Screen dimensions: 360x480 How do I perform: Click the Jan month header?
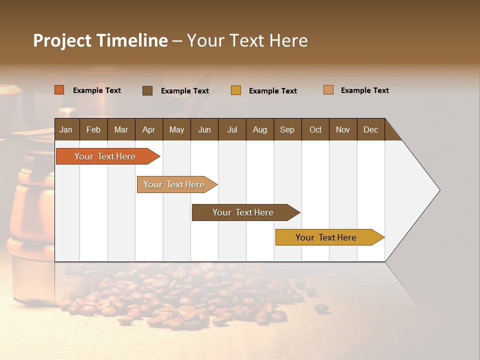click(66, 129)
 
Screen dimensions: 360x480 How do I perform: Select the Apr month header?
click(149, 129)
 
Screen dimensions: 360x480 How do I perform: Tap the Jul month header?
click(232, 129)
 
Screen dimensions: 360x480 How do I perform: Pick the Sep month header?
click(287, 129)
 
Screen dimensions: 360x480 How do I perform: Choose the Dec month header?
click(370, 129)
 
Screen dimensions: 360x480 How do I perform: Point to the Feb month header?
click(93, 129)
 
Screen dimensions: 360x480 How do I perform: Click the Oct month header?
click(315, 129)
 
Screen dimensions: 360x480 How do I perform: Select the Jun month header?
click(204, 129)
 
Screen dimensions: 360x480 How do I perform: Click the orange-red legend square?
click(59, 90)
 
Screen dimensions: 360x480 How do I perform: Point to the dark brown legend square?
click(147, 90)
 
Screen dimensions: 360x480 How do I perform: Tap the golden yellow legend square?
click(236, 90)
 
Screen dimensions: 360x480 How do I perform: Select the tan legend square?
click(328, 90)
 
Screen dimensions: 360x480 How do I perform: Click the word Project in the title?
click(61, 40)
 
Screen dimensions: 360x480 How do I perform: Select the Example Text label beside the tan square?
click(364, 90)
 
